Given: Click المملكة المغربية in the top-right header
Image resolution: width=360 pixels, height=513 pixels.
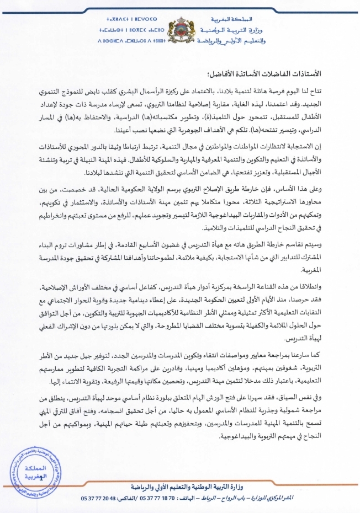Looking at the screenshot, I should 322,18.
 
